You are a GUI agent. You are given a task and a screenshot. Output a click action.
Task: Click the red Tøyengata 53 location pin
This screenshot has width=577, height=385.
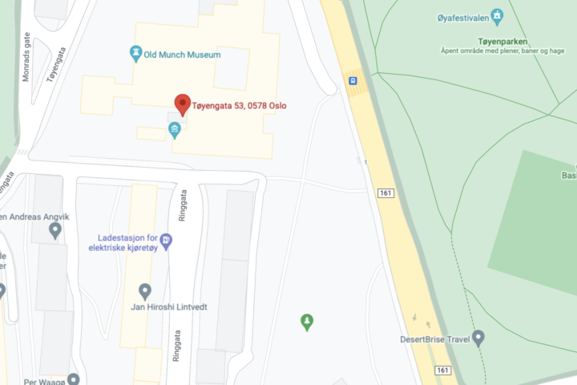tap(182, 103)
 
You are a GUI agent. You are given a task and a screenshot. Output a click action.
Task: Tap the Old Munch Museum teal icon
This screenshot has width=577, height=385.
tap(136, 54)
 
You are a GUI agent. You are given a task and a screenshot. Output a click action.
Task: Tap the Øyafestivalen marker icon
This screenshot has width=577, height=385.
tap(497, 15)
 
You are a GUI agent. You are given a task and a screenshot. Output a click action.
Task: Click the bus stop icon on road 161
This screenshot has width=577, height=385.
tap(353, 80)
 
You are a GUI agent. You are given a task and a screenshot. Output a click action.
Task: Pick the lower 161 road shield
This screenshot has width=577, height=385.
tap(443, 370)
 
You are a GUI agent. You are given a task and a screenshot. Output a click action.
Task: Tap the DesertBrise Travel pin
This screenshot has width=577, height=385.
tap(478, 338)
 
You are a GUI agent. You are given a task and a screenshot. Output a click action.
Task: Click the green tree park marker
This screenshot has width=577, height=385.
tap(306, 322)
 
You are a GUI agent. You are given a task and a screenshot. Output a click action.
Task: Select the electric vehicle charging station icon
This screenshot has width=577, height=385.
tap(166, 239)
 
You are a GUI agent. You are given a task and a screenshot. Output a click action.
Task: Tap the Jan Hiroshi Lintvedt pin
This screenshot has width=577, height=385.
tap(145, 290)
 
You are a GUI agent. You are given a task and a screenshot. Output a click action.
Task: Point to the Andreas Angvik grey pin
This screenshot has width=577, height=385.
tap(55, 231)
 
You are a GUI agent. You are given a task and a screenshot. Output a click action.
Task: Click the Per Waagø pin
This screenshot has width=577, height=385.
tap(74, 379)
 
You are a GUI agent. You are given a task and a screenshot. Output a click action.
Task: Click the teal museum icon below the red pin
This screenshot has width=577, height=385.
tap(174, 129)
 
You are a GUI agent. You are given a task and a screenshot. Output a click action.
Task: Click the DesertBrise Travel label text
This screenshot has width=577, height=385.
tap(434, 339)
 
